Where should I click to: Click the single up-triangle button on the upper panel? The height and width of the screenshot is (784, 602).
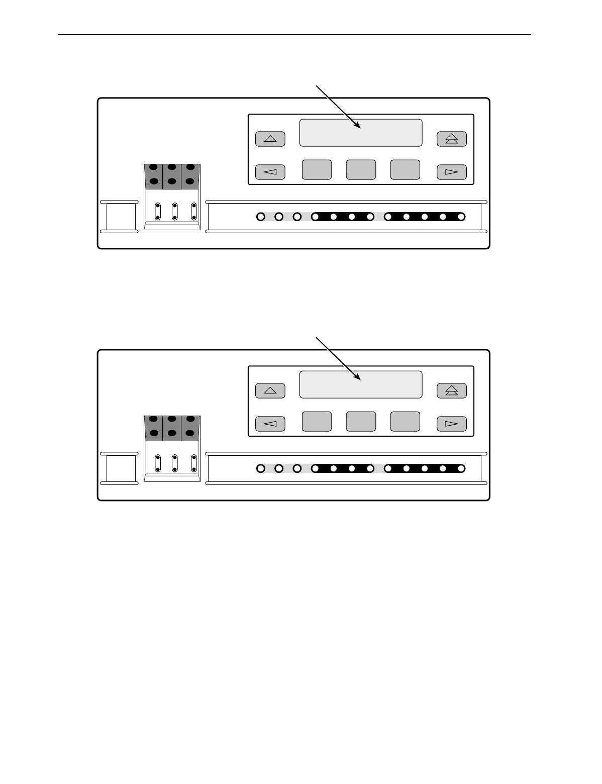click(270, 139)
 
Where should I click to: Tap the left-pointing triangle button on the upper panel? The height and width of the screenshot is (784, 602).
click(270, 172)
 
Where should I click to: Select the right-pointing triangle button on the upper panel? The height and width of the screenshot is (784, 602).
click(451, 172)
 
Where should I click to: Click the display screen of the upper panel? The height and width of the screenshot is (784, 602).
click(360, 133)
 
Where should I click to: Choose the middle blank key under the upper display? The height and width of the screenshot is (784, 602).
click(361, 170)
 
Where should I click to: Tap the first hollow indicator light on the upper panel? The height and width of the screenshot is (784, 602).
click(260, 217)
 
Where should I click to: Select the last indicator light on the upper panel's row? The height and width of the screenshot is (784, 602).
click(461, 217)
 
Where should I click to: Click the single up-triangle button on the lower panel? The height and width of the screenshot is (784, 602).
click(270, 390)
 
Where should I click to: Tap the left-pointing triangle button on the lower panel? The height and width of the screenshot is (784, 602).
click(270, 424)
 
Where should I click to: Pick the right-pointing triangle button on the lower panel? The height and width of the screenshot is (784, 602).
click(451, 424)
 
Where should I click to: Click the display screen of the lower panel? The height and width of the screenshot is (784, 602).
click(360, 384)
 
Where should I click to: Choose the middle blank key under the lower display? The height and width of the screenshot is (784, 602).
click(361, 422)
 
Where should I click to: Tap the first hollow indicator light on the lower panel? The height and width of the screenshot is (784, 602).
click(260, 469)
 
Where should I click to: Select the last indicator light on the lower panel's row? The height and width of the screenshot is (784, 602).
click(461, 469)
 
